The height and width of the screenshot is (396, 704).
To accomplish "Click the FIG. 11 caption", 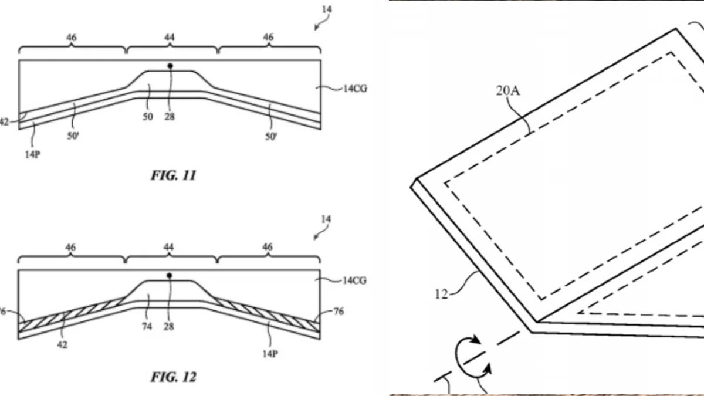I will coord(174,175).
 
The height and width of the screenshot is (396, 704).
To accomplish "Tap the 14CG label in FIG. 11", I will coord(355,89).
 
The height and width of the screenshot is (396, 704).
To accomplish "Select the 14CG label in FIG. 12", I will coord(355,280).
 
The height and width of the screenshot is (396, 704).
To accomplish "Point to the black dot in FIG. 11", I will coord(170,66).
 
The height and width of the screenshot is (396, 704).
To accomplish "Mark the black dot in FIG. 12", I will coord(170,275).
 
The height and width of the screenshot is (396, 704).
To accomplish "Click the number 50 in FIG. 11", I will coord(147,117).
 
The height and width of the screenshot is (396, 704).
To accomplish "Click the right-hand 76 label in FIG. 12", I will coord(340,312).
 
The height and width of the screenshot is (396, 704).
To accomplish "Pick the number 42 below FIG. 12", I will coord(62,344).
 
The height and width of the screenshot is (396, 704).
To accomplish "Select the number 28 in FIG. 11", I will coord(169,117).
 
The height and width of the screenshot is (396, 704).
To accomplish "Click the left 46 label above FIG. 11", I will coord(70,38).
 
